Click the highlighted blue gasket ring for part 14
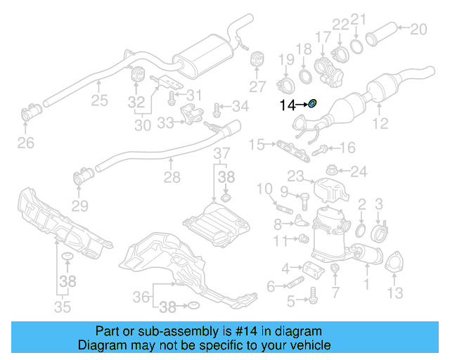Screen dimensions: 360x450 click(x=314, y=104)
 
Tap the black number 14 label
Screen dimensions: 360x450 click(x=288, y=105)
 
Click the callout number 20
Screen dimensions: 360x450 click(x=418, y=29)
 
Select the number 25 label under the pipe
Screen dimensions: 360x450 click(x=99, y=101)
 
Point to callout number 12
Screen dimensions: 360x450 click(x=380, y=124)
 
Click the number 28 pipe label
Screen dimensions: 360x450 click(x=172, y=179)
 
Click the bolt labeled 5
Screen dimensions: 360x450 click(x=310, y=300)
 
